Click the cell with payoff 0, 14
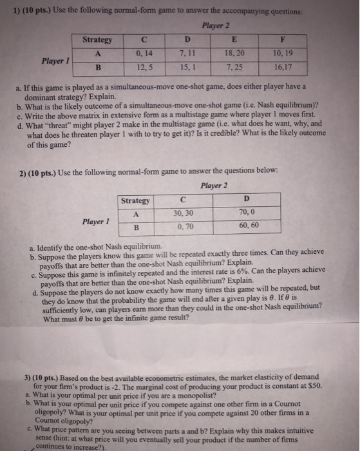coord(142,53)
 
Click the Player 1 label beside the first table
coord(55,61)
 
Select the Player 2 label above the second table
coord(214,186)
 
